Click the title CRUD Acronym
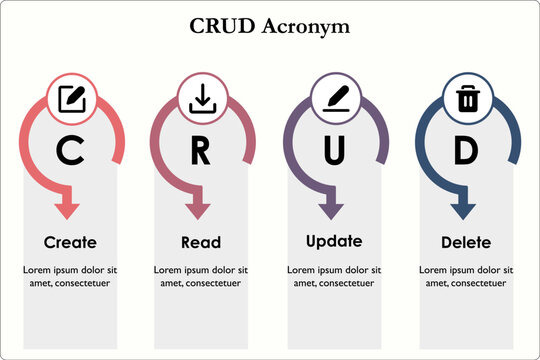270,26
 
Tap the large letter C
69,150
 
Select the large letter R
201,151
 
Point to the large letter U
333,150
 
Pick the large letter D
466,150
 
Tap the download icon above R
201,99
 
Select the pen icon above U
333,99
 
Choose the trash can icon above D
466,99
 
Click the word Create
70,242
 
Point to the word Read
201,242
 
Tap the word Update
333,241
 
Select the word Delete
466,242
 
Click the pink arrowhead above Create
67,210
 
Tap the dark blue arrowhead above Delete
463,210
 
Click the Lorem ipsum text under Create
70,277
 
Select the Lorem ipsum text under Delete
466,277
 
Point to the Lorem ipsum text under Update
333,277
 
